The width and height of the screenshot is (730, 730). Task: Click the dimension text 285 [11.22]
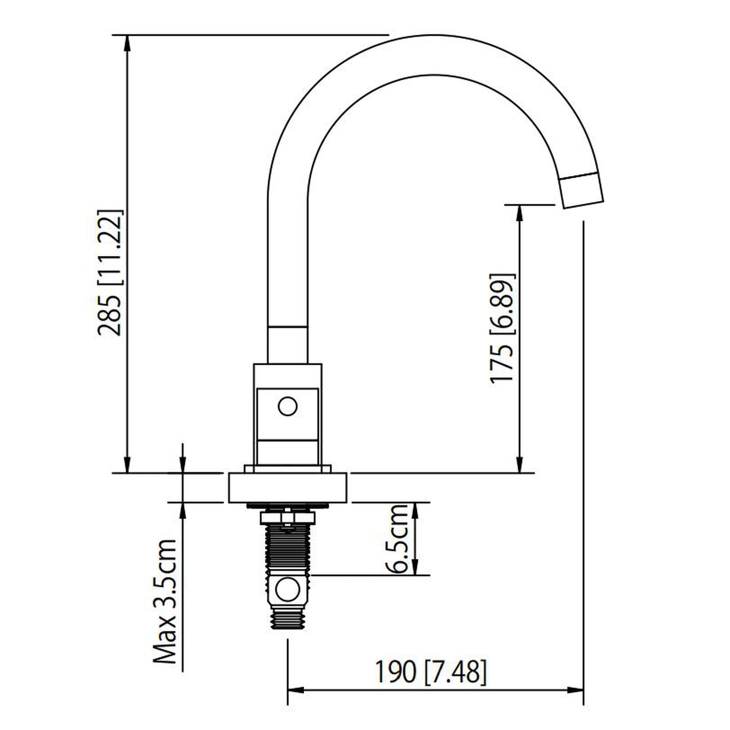(x=110, y=272)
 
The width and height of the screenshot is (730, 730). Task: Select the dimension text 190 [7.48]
(x=430, y=672)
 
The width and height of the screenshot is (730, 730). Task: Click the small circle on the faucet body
(x=287, y=407)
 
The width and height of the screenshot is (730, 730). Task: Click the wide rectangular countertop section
(x=287, y=487)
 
